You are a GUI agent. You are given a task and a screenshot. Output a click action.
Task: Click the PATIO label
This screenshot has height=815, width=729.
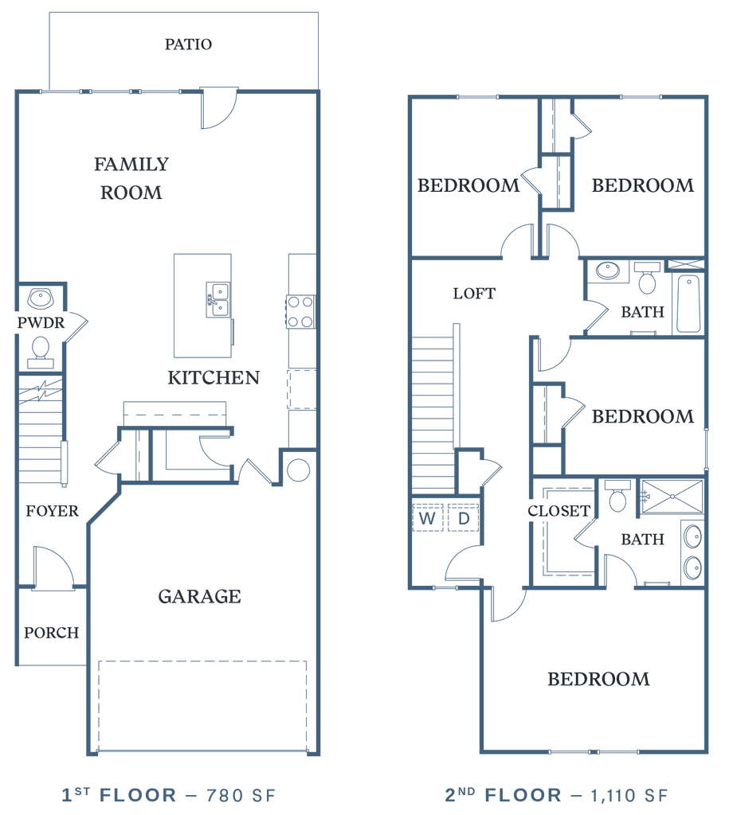(188, 44)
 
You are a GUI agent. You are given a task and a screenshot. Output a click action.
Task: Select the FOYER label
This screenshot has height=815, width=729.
(52, 511)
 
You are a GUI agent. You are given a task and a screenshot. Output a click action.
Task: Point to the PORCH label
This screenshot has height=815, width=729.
(52, 633)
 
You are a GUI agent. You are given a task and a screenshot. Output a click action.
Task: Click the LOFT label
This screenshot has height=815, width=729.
(474, 293)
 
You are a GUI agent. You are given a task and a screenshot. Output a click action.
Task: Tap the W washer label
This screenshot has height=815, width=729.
(428, 519)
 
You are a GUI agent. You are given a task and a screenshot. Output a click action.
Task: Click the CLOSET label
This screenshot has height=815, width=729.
(559, 511)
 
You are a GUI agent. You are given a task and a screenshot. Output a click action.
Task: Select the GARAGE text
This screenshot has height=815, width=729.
(199, 596)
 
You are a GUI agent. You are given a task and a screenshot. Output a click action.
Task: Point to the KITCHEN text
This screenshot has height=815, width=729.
(214, 377)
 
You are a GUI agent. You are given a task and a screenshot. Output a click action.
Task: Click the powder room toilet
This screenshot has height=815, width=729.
(40, 347)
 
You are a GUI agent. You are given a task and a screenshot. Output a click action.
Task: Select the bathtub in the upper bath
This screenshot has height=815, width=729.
(687, 303)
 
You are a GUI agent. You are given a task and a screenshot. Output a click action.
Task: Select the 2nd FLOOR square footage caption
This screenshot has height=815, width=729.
(555, 794)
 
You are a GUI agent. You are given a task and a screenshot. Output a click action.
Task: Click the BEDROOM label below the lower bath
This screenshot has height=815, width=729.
(598, 679)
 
